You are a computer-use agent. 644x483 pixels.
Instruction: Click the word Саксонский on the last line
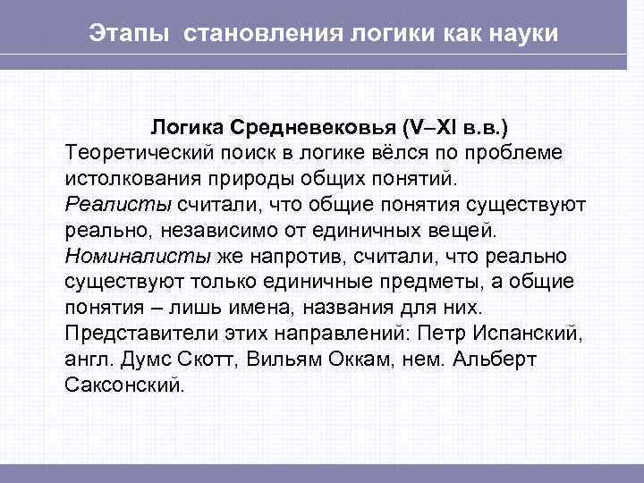tap(123, 387)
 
